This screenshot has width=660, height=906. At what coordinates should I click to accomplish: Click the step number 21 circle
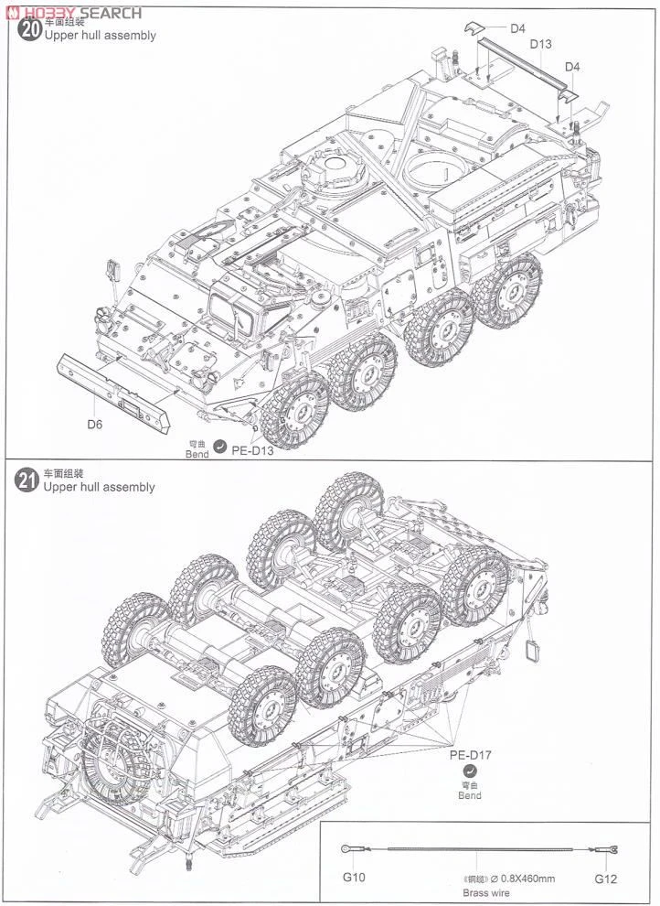pyautogui.click(x=28, y=482)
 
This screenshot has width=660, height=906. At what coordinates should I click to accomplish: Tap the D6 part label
pyautogui.click(x=95, y=424)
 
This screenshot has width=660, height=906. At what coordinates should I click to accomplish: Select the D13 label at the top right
pyautogui.click(x=540, y=44)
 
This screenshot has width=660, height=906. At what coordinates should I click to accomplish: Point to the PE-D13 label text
pyautogui.click(x=252, y=448)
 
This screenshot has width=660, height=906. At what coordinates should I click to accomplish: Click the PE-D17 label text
pyautogui.click(x=470, y=756)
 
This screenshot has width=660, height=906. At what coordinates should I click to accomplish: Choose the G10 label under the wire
pyautogui.click(x=354, y=878)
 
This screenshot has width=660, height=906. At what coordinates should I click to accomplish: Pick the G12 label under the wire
pyautogui.click(x=606, y=878)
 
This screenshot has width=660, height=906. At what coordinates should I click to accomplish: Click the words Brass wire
pyautogui.click(x=484, y=892)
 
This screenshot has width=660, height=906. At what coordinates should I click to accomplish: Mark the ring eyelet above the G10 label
pyautogui.click(x=347, y=849)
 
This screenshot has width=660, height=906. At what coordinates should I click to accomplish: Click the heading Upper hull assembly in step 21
pyautogui.click(x=99, y=488)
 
